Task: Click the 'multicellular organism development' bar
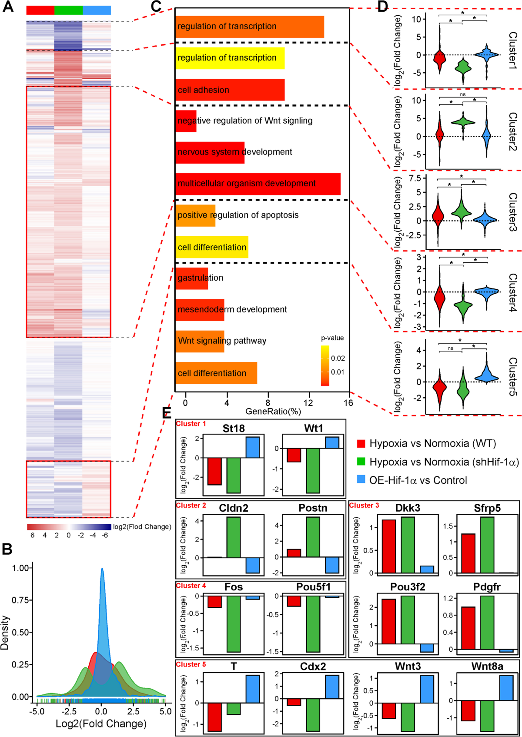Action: point(258,184)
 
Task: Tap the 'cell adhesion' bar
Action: point(230,90)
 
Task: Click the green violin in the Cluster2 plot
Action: point(463,123)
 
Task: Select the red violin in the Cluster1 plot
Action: point(439,58)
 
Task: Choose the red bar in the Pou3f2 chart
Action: point(389,621)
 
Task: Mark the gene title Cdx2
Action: point(313,667)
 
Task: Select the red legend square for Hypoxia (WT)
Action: point(361,443)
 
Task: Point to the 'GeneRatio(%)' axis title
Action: point(273,412)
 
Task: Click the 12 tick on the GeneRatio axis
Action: point(308,402)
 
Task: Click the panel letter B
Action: point(7,549)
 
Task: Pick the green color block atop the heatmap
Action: point(68,10)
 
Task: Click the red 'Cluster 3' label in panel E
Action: point(364,506)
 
